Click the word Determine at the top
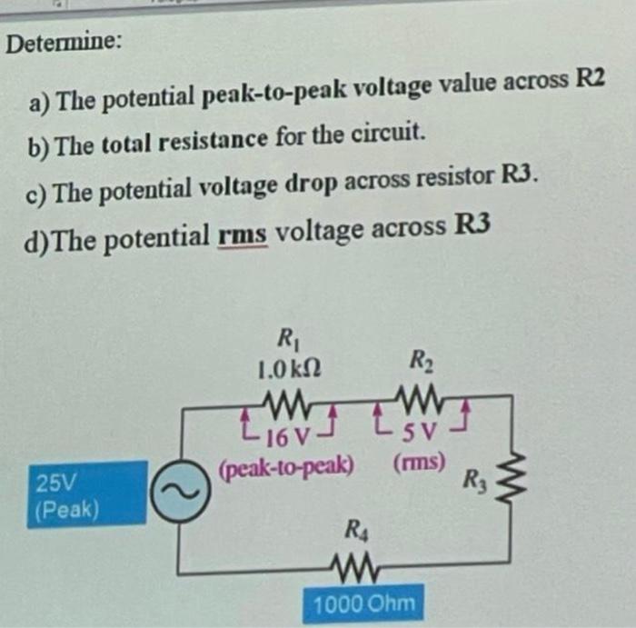click(x=63, y=42)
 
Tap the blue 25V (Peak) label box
click(x=86, y=493)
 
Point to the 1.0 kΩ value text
click(x=288, y=369)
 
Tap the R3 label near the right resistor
click(x=473, y=479)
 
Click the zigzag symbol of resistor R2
click(x=420, y=396)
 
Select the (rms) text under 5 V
click(x=419, y=461)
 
